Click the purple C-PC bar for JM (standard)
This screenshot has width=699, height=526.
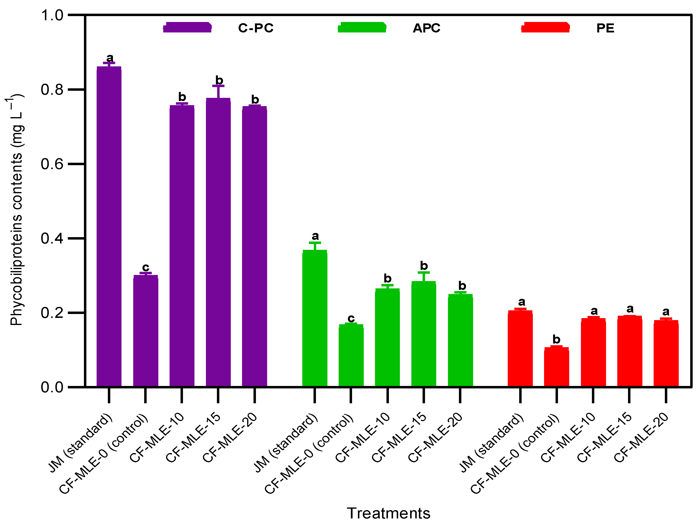coord(109,226)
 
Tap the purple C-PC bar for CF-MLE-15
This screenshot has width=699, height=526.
coord(218,242)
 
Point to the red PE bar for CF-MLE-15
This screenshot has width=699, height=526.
coord(629,351)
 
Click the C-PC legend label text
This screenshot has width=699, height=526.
coord(256,28)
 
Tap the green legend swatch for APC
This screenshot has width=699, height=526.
coord(362,28)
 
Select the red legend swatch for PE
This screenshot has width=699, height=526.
coord(545,28)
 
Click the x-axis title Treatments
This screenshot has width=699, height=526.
coord(388,513)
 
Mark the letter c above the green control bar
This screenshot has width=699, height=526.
coord(351,318)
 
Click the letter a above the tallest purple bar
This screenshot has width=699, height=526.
coord(110,58)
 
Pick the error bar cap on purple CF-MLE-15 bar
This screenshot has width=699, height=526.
coord(218,86)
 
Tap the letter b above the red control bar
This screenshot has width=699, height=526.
coord(557,339)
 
